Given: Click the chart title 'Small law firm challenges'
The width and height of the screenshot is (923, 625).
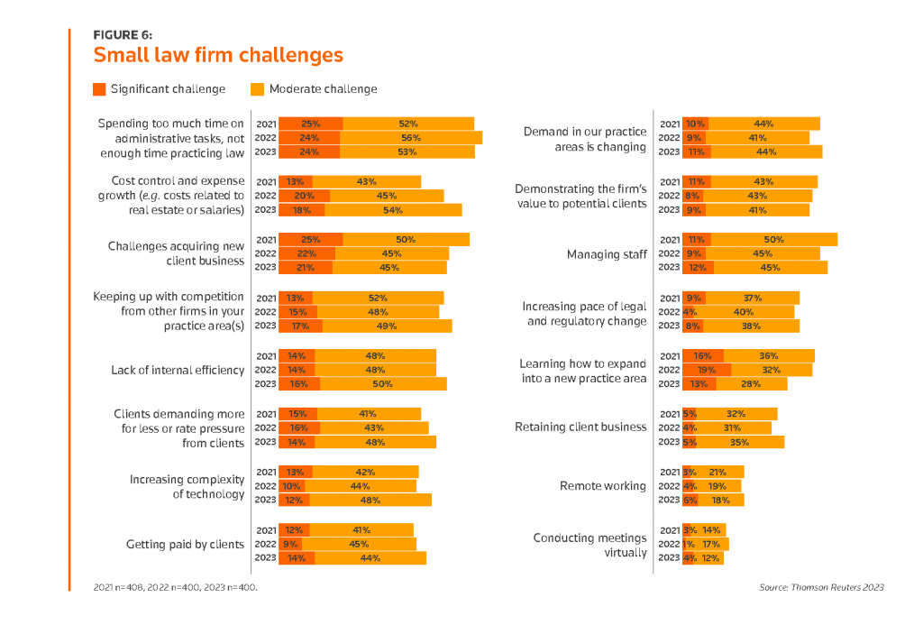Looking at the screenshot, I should tap(218, 55).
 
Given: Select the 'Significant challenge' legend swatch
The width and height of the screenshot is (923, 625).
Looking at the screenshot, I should tap(99, 89).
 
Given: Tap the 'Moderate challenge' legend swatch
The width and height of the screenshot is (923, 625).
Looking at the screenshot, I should tap(258, 89).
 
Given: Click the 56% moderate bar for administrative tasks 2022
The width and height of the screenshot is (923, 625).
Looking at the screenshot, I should tap(411, 138).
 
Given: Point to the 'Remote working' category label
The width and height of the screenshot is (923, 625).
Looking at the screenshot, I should tap(603, 486).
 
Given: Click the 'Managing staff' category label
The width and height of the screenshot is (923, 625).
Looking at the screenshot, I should tap(607, 254).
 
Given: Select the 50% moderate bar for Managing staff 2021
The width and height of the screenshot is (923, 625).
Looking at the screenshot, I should tap(773, 240).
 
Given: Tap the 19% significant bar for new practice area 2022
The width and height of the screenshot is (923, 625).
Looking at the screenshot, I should tap(707, 370).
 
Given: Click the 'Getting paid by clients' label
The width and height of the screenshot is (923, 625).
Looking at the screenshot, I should tap(185, 545).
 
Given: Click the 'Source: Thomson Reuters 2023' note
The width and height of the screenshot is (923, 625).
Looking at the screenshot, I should tap(821, 587).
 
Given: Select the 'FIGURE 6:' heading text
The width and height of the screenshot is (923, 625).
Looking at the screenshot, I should tap(123, 34).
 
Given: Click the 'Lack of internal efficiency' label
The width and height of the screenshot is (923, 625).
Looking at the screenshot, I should tap(178, 370).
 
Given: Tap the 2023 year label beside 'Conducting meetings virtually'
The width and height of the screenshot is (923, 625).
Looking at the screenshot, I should tap(670, 557).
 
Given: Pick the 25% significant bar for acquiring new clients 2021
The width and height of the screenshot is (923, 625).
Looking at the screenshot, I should tap(310, 239).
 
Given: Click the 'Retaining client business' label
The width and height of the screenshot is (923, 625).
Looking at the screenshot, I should tap(580, 427).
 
